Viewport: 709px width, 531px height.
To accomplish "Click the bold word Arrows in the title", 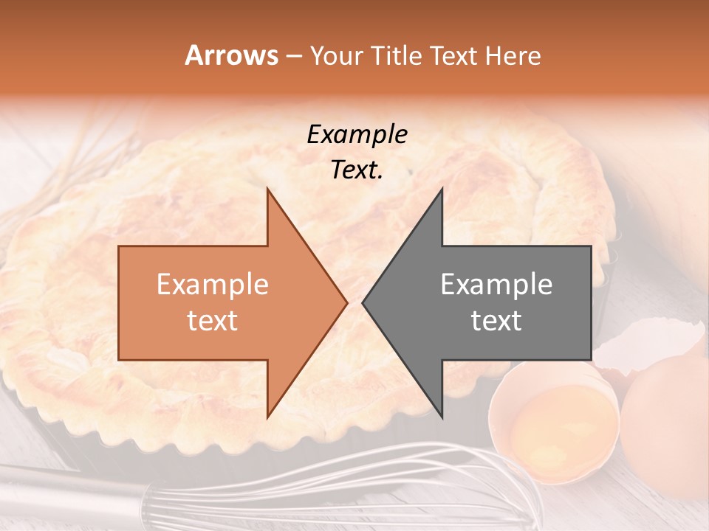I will [232, 55].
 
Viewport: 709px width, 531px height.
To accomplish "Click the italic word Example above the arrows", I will [357, 135].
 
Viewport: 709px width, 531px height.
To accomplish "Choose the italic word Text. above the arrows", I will [357, 170].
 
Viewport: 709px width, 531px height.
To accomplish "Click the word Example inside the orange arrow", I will [213, 285].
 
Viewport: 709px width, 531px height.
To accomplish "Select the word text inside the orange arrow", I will [213, 321].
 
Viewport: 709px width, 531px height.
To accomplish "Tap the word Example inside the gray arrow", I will [496, 285].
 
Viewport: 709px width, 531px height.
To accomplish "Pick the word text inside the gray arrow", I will [496, 321].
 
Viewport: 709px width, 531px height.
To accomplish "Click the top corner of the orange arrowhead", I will [268, 190].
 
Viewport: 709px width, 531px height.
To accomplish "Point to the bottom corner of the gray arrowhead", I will [442, 416].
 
